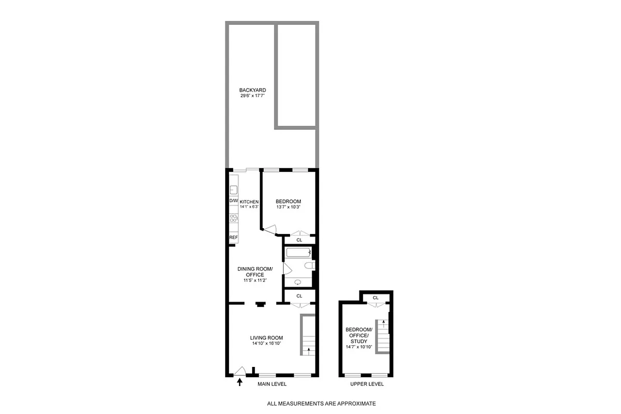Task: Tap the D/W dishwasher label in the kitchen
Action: tap(233, 201)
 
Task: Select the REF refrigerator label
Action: tap(234, 238)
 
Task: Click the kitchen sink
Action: tap(234, 189)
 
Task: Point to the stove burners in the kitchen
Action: tap(234, 218)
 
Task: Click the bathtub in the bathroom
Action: tap(297, 253)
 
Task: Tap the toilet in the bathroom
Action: tap(309, 265)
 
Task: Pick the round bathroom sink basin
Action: tap(298, 282)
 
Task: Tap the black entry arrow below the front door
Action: tap(239, 382)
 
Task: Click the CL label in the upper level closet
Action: tap(376, 298)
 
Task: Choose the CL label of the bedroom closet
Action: tap(299, 240)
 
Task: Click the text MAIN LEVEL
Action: tap(272, 385)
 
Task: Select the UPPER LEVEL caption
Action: tap(367, 385)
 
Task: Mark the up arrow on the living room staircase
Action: tap(309, 350)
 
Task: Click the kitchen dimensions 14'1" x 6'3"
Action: tap(249, 206)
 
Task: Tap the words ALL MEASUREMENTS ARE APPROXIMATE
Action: tap(321, 404)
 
